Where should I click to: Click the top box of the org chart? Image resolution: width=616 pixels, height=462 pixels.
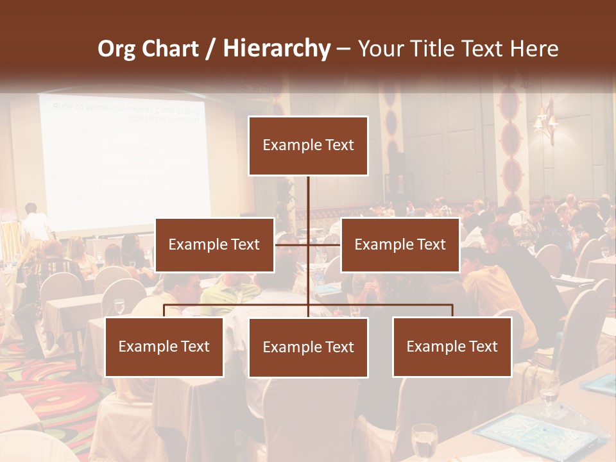(308, 146)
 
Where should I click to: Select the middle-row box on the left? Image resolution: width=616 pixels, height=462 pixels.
(214, 244)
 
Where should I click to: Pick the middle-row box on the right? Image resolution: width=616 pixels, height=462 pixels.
(400, 244)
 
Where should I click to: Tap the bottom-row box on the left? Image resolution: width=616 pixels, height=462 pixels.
(164, 346)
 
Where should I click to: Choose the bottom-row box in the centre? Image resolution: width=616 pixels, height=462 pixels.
(308, 347)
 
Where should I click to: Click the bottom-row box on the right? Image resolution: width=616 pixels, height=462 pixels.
(452, 346)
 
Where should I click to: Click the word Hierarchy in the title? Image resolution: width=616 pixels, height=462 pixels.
(276, 49)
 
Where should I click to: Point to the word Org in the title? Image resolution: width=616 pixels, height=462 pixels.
(117, 49)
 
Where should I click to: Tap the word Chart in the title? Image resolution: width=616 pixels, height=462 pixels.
(169, 49)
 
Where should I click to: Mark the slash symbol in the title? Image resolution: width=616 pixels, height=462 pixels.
(210, 49)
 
